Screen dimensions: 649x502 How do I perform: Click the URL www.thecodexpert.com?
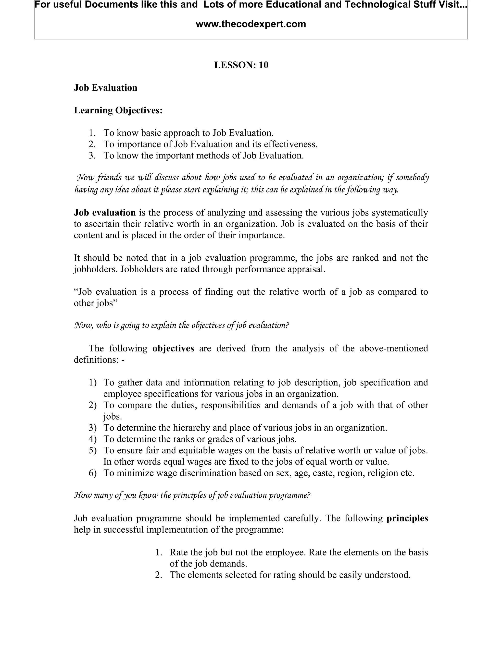coord(251,24)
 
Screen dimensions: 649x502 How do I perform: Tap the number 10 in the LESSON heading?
coord(263,65)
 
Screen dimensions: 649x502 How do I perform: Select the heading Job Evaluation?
coord(106,88)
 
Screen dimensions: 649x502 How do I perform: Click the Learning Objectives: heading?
coord(118,110)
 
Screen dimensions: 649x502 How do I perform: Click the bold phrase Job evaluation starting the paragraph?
coord(105,213)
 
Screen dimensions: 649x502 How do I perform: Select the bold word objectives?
coord(173,348)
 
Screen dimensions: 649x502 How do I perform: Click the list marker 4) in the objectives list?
coord(92,439)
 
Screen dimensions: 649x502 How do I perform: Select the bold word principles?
coord(407,518)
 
